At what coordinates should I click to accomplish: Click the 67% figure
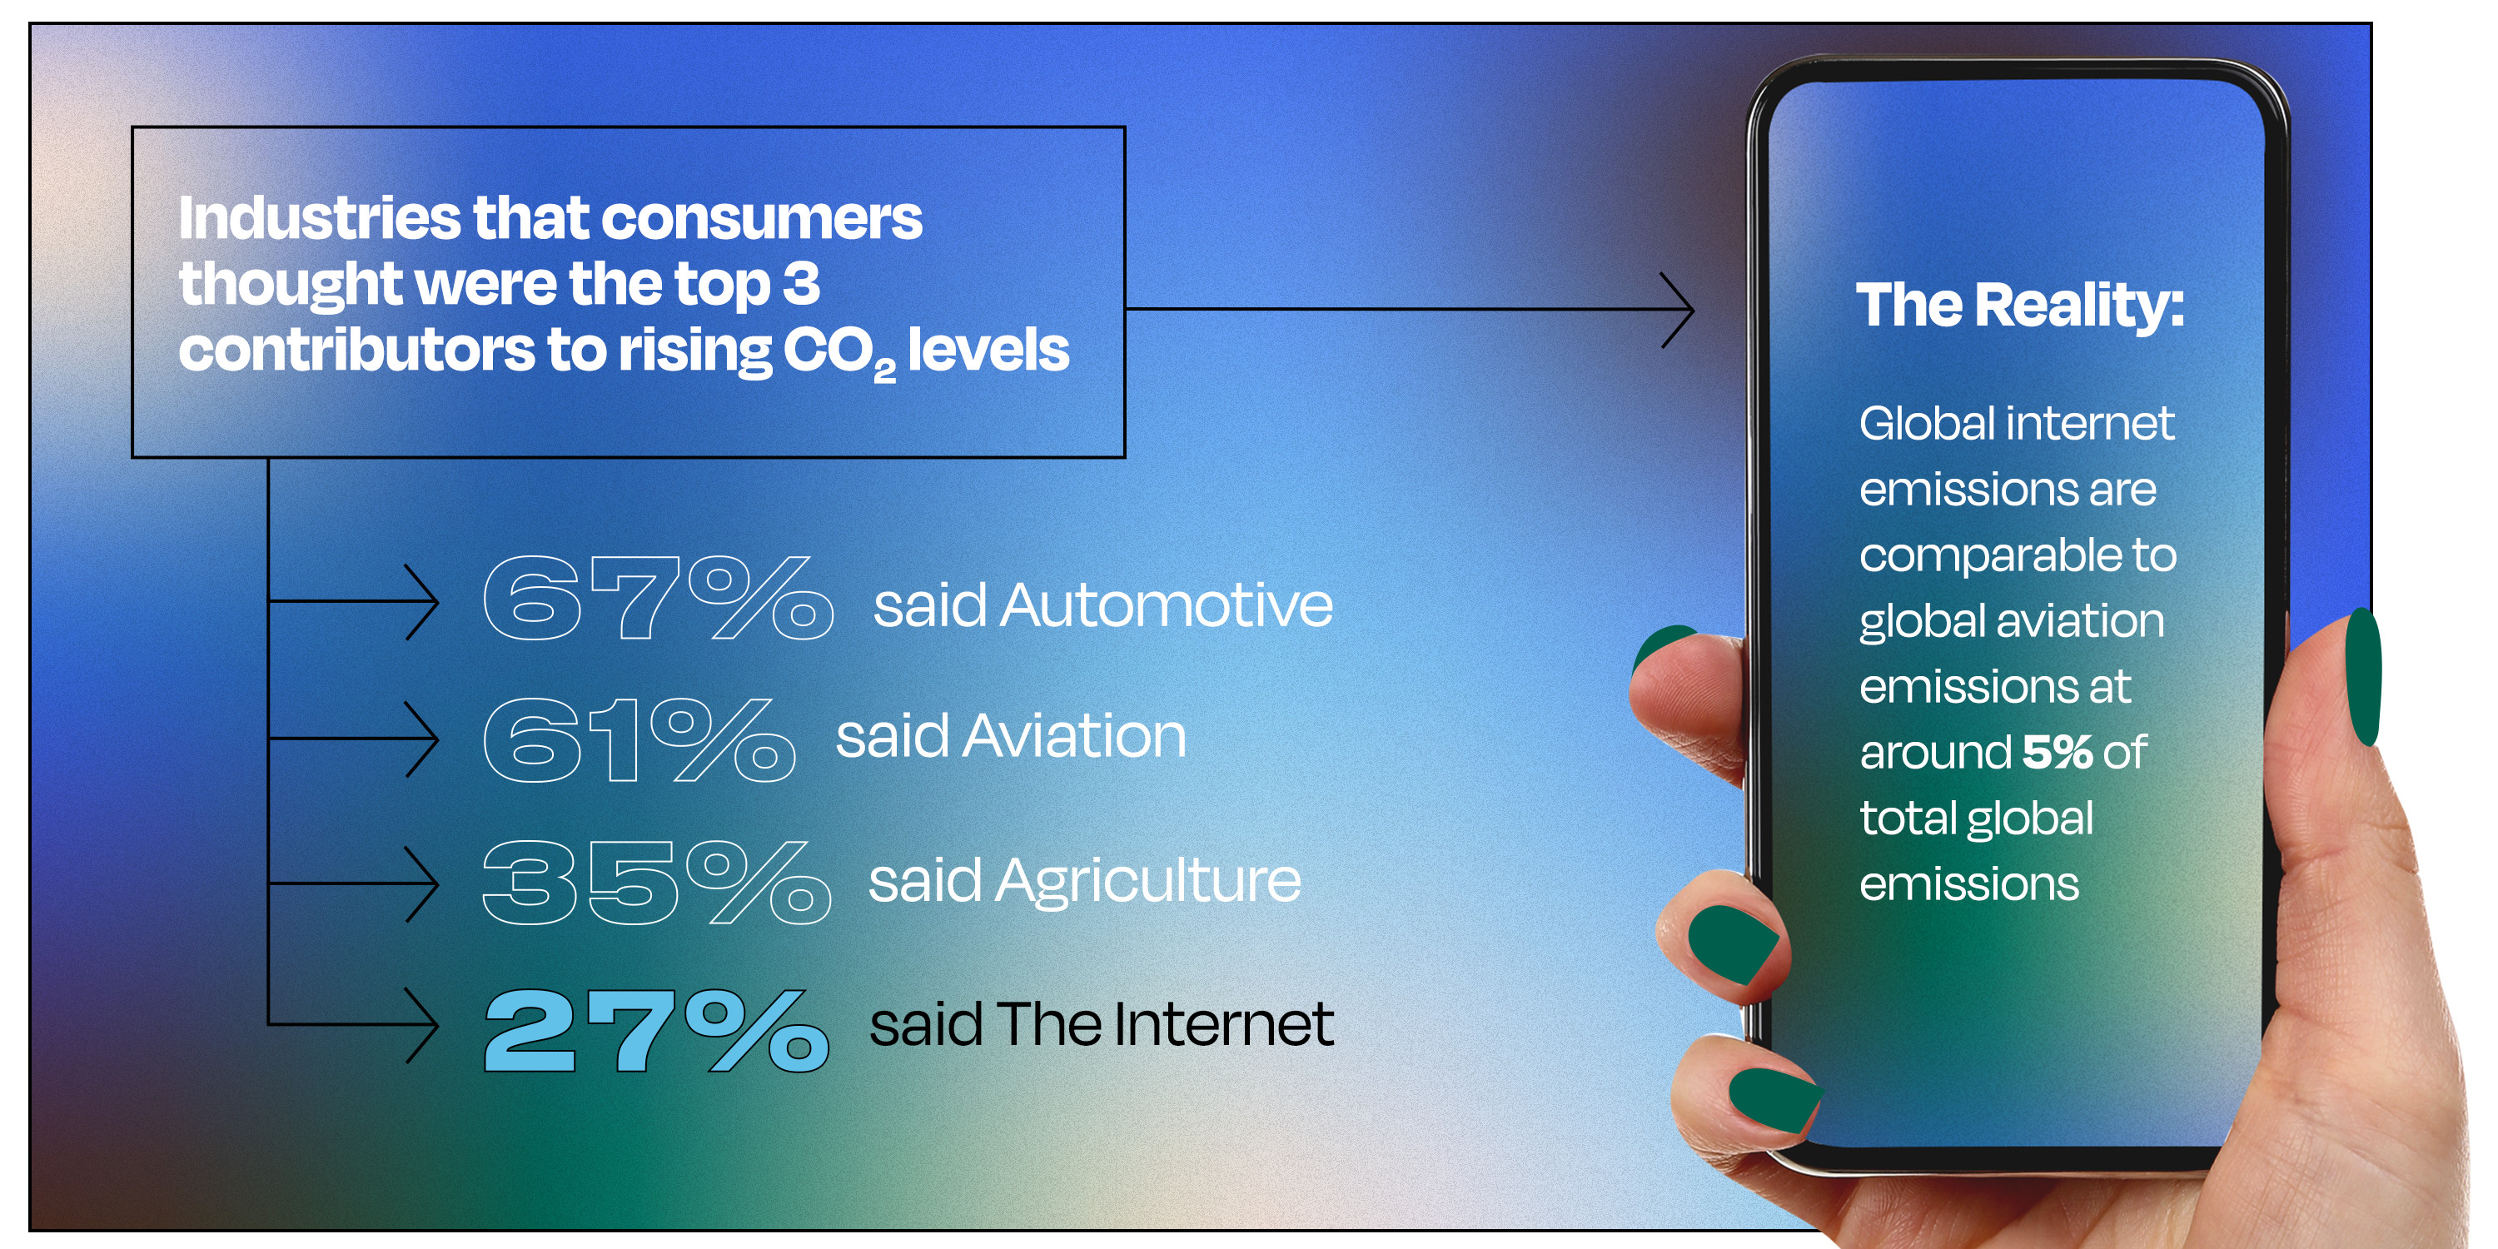pyautogui.click(x=658, y=599)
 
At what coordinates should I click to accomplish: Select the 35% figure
pyautogui.click(x=656, y=882)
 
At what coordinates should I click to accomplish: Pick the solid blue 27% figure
pyautogui.click(x=656, y=1030)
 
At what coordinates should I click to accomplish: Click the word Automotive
pyautogui.click(x=1167, y=605)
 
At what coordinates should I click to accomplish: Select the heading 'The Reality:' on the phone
pyautogui.click(x=2020, y=306)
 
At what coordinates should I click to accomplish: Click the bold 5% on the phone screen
pyautogui.click(x=2058, y=752)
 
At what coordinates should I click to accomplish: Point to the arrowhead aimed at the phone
pyautogui.click(x=1678, y=310)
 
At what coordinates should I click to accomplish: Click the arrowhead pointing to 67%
pyautogui.click(x=423, y=601)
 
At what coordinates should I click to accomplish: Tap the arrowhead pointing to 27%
pyautogui.click(x=423, y=1025)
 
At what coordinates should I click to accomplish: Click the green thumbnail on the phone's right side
pyautogui.click(x=2364, y=676)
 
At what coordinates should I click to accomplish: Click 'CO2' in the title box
pyautogui.click(x=838, y=352)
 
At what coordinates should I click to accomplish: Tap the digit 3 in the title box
pyautogui.click(x=801, y=283)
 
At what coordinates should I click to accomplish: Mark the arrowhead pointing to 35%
pyautogui.click(x=423, y=883)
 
